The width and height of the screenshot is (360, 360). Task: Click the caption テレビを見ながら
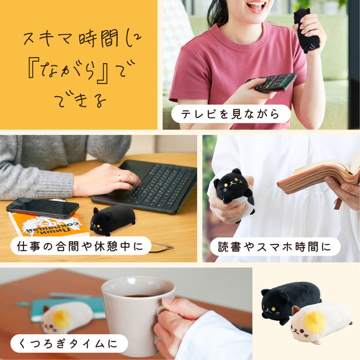click(230, 113)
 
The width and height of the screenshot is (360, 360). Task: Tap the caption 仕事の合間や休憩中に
click(80, 245)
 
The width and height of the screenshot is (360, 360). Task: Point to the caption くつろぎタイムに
click(68, 344)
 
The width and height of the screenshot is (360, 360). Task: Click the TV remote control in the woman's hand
click(275, 82)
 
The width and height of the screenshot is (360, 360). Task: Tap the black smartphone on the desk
click(42, 207)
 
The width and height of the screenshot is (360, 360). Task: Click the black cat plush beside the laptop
click(112, 219)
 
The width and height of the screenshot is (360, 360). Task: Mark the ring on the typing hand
click(119, 178)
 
